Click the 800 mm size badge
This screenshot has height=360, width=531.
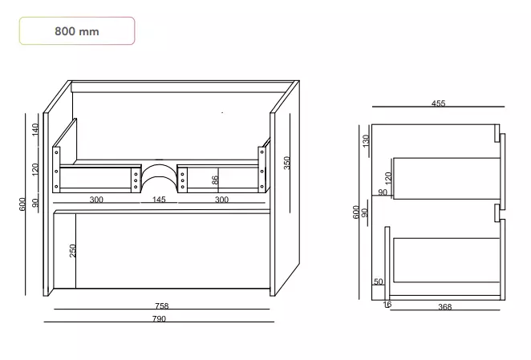(77, 30)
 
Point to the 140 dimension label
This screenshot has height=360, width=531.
(35, 130)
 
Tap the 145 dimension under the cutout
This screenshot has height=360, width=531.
(159, 199)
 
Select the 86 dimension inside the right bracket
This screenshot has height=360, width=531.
(215, 180)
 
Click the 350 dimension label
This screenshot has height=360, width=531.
(287, 163)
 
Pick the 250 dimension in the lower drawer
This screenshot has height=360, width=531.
(72, 251)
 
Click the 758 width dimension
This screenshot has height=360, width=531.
(162, 305)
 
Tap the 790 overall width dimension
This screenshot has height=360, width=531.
(159, 318)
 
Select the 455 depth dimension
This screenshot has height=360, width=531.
(438, 103)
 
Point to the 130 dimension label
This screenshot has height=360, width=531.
(366, 141)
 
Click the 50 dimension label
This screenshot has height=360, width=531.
(379, 281)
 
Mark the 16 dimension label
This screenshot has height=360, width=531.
(387, 305)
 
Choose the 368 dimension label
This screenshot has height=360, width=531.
(444, 307)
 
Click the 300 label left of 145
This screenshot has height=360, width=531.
(96, 200)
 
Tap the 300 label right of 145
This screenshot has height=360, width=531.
(221, 200)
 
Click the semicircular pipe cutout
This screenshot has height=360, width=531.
(159, 165)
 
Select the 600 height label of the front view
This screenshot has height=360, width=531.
(22, 204)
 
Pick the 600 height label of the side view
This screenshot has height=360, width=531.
(355, 212)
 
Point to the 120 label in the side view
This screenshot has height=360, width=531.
(388, 178)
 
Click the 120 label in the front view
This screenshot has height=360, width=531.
(35, 169)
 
